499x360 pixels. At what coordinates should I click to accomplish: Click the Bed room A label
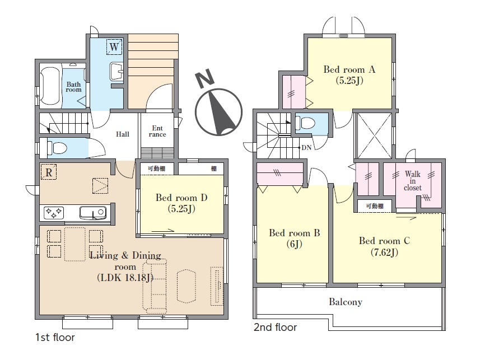tap(349, 74)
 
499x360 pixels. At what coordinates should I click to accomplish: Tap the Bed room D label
tap(181, 203)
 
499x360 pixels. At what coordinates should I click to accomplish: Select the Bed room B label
tap(295, 238)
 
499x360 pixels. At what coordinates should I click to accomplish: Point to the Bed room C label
tap(384, 246)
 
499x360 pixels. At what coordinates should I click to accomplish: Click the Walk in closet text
tap(413, 181)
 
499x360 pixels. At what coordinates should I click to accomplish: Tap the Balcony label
tap(346, 302)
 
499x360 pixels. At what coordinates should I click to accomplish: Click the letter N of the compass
tap(204, 78)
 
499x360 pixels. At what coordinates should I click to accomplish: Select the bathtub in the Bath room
tap(50, 86)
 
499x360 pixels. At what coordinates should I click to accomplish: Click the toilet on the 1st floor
tap(57, 148)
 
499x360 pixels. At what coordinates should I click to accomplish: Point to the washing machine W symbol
tap(114, 47)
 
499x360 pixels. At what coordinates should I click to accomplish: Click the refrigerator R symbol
tap(49, 172)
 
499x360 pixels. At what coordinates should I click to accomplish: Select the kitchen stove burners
tap(54, 213)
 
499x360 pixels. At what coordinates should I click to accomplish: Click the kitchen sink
tap(93, 213)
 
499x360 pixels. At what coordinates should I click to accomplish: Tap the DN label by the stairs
tap(306, 148)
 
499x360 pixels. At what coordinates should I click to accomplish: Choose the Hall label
tap(123, 134)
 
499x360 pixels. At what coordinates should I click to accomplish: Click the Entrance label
tap(157, 131)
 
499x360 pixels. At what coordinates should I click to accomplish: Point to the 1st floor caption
tap(55, 338)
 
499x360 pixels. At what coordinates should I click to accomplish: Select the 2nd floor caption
tap(276, 327)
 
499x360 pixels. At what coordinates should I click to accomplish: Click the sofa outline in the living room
tap(155, 284)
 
